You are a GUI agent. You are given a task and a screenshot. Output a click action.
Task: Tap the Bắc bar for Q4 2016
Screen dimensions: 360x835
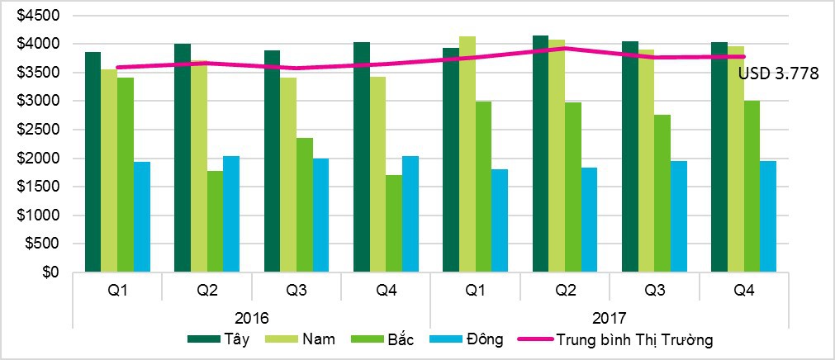click(x=394, y=223)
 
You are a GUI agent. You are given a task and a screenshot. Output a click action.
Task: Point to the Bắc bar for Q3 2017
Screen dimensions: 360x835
click(x=662, y=193)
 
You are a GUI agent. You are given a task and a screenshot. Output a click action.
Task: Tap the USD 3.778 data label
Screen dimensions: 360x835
click(x=778, y=74)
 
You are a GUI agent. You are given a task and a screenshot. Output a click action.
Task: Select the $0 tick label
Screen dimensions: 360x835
click(x=51, y=272)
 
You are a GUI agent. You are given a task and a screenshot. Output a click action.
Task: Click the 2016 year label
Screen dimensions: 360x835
click(x=251, y=317)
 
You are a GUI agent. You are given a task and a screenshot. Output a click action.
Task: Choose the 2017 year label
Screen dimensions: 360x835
click(x=609, y=317)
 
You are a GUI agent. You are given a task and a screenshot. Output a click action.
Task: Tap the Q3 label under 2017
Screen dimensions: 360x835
click(x=654, y=291)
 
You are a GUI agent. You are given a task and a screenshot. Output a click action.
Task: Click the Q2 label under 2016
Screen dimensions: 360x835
click(x=206, y=291)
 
